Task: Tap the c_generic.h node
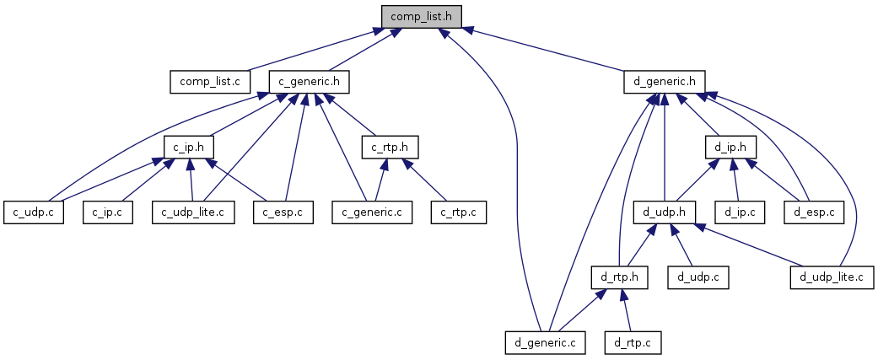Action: [310, 82]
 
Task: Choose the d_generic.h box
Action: [664, 82]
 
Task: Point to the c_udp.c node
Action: [34, 212]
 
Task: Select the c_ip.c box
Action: [108, 212]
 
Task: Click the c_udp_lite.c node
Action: [193, 212]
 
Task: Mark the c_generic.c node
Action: [372, 212]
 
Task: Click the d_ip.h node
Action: [730, 147]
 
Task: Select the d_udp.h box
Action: [664, 212]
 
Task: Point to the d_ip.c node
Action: [740, 212]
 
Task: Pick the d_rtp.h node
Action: [619, 277]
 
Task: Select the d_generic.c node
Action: [545, 342]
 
